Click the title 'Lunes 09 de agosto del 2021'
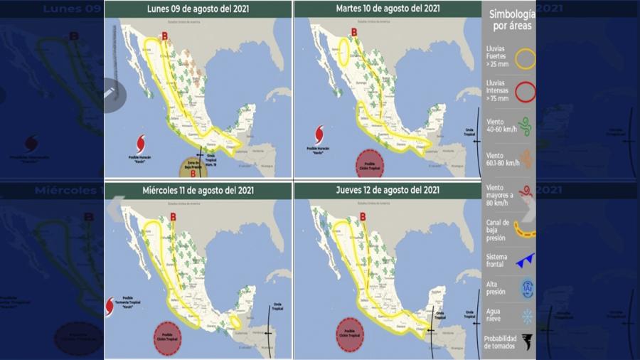(x=198, y=9)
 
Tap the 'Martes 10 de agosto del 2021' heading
(x=388, y=9)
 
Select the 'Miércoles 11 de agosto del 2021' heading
(x=198, y=190)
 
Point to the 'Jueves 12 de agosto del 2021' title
(x=388, y=190)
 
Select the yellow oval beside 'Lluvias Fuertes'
(x=526, y=59)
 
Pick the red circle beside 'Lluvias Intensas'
(x=526, y=92)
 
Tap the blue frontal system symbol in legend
(x=525, y=260)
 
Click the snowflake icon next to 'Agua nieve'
(x=526, y=315)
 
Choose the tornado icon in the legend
(x=526, y=342)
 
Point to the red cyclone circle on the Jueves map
(x=350, y=333)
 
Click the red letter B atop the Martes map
(x=353, y=31)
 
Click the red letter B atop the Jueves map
(x=363, y=216)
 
